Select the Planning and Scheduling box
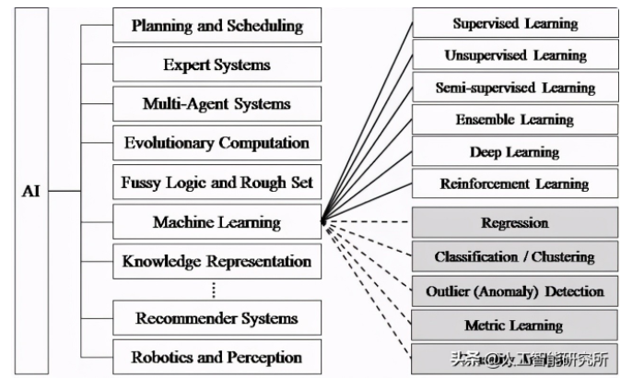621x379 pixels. pos(217,26)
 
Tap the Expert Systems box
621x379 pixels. pos(217,65)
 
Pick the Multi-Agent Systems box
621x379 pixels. pos(217,103)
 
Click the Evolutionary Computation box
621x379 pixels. pos(217,143)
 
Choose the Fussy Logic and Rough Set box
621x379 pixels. pos(217,183)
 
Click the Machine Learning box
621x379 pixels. pos(217,222)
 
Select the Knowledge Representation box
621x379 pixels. pos(217,261)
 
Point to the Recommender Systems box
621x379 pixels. pos(217,319)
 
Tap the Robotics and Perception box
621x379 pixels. pos(217,358)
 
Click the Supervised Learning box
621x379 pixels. pos(514,24)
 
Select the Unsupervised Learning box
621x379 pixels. pos(514,55)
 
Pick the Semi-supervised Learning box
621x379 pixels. pos(514,88)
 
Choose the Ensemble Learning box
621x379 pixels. pos(514,120)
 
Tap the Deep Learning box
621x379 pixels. pos(514,152)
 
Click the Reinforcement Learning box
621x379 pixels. pos(514,184)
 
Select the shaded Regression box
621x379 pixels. pos(514,223)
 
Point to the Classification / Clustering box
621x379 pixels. pos(514,257)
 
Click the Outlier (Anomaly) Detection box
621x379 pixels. pos(514,291)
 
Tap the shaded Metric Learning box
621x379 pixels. pos(514,325)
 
